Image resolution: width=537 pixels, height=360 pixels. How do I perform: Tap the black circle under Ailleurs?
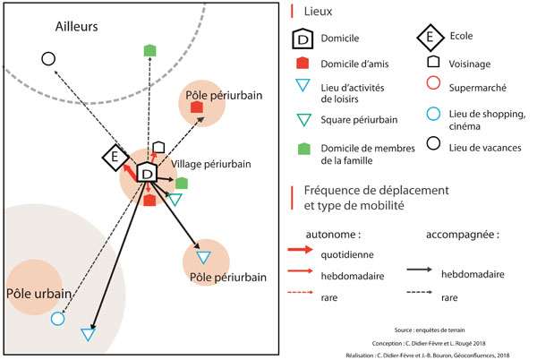click(x=48, y=59)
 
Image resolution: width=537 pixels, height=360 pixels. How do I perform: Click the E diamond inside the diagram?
click(x=115, y=158)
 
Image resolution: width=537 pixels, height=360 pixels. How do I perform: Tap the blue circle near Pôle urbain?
click(x=58, y=318)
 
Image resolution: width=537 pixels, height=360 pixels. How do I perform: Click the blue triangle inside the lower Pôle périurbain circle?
click(x=202, y=259)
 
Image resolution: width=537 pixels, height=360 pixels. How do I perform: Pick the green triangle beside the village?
click(x=175, y=199)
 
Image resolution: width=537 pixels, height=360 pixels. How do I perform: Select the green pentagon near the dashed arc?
click(x=150, y=50)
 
